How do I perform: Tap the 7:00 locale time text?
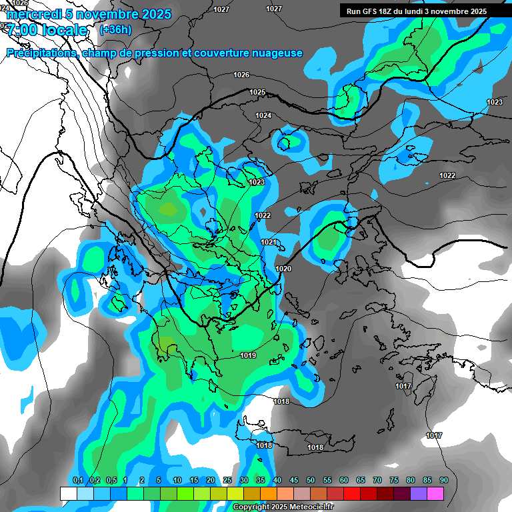tap(47, 30)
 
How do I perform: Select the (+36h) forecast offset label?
tap(115, 29)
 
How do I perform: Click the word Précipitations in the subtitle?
tap(41, 53)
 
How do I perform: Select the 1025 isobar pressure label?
tap(257, 92)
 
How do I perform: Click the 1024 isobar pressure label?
tap(263, 115)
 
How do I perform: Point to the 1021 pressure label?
tap(269, 242)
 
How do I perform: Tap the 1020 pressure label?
tap(283, 269)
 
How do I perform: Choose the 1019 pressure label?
tap(248, 355)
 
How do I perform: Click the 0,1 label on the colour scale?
tap(78, 481)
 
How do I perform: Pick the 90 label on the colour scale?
tap(444, 481)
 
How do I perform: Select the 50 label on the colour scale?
tap(311, 481)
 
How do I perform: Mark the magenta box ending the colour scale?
tap(435, 493)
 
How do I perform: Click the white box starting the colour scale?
tap(68, 493)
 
